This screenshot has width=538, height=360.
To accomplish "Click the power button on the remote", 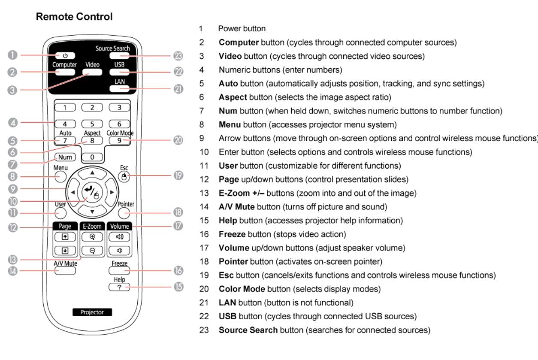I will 65,55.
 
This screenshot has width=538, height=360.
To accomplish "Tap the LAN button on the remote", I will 119,89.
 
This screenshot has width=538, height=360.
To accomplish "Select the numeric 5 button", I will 92,124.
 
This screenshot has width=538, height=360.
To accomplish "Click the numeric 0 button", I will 92,157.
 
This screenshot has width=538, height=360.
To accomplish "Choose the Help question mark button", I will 119,287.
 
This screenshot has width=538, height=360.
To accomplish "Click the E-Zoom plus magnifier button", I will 92,236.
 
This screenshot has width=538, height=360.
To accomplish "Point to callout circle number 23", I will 178,56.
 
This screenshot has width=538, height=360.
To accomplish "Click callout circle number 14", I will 13,271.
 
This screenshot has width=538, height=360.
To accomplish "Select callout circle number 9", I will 13,188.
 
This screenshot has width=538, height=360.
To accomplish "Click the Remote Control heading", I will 74,17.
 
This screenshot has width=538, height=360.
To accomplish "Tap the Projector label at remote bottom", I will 92,312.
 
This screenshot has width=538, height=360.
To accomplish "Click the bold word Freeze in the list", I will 232,234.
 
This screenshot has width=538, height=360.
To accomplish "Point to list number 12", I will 204,179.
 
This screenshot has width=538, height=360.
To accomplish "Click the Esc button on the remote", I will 124,176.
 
